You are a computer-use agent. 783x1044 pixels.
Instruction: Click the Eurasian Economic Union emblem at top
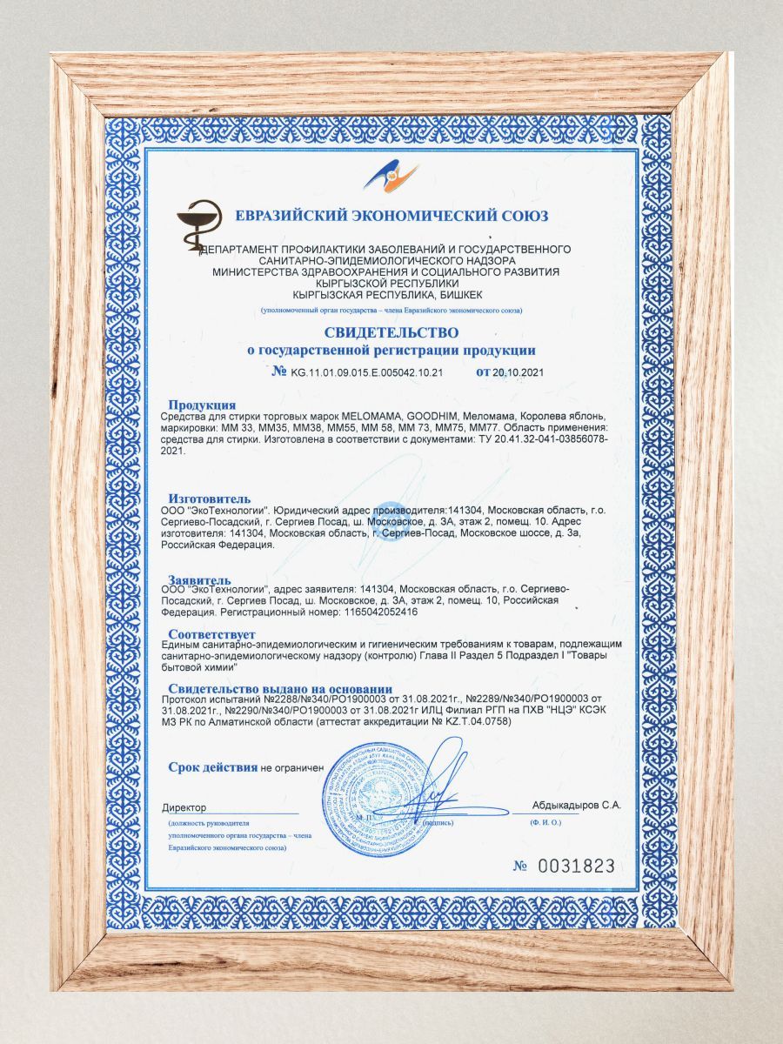tap(391, 177)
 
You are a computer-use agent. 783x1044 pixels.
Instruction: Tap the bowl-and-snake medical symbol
tap(199, 225)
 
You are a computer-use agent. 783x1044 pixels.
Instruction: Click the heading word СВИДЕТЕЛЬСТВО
tap(391, 332)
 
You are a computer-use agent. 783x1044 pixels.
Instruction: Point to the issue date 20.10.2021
tap(519, 371)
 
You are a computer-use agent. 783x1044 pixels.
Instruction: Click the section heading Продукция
tap(202, 405)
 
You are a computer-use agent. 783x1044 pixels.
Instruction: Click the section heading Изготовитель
tap(209, 498)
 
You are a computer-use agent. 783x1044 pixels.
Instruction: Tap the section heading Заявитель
tap(199, 579)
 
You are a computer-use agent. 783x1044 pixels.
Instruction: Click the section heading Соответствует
tap(211, 633)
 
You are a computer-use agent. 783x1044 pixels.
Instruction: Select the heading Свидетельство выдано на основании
tap(271, 689)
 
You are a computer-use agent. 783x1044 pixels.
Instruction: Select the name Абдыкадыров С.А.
tap(577, 806)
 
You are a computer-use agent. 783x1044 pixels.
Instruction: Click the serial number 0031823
tap(576, 866)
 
